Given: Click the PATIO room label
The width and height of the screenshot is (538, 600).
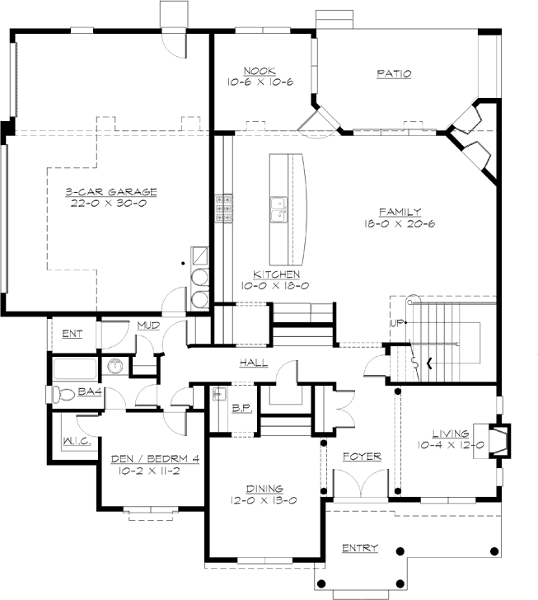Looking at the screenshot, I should (x=394, y=74).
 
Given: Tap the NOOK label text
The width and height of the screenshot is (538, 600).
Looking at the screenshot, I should (x=260, y=70).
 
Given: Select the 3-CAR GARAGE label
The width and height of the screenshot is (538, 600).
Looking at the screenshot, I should (x=111, y=192).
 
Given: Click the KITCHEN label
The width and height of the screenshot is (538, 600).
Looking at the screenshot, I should (x=275, y=274).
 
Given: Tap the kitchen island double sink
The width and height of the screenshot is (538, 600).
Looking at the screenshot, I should (x=277, y=212).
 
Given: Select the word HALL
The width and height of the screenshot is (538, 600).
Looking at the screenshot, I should (x=253, y=363).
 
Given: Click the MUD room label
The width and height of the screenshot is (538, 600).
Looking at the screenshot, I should (x=148, y=326).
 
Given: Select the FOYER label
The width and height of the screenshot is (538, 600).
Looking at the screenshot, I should (x=358, y=453).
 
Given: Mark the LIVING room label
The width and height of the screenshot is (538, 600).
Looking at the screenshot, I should (x=449, y=434).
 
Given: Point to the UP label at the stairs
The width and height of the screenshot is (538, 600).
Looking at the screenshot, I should (x=395, y=322).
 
